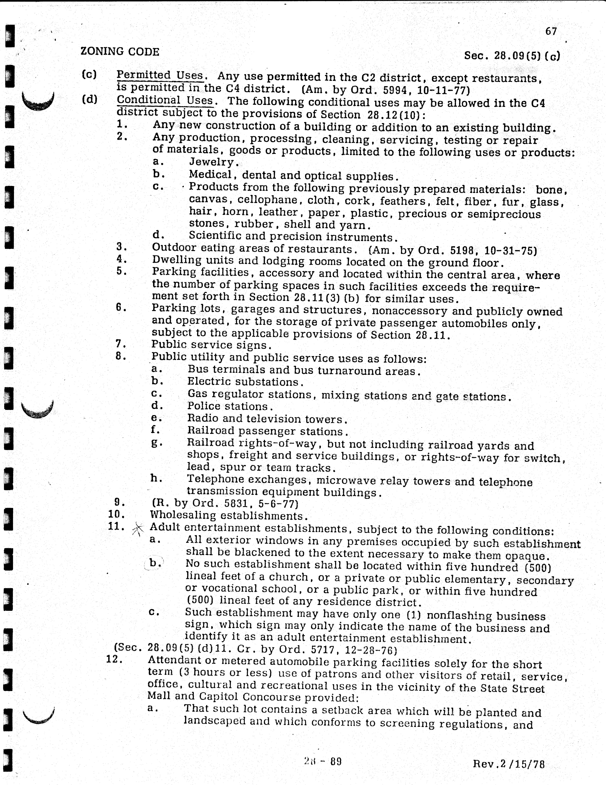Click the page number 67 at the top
coord(551,32)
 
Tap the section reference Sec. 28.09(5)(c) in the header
coord(512,56)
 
